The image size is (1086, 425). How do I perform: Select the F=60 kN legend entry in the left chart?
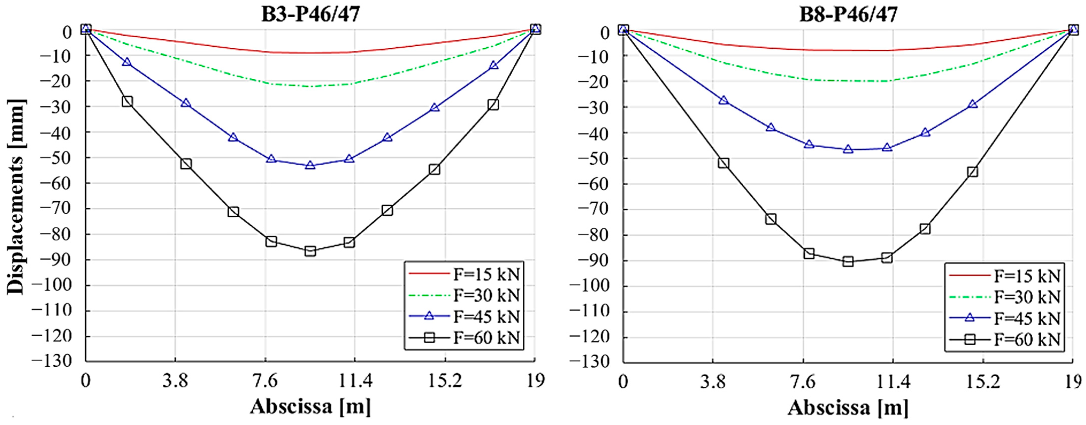click(x=464, y=337)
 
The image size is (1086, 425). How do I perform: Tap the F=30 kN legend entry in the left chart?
click(x=464, y=295)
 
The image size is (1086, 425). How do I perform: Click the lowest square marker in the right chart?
click(x=848, y=262)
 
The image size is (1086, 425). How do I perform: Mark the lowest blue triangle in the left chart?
click(x=310, y=165)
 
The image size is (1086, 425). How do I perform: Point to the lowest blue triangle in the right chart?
click(x=848, y=149)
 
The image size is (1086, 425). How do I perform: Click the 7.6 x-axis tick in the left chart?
click(x=265, y=381)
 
